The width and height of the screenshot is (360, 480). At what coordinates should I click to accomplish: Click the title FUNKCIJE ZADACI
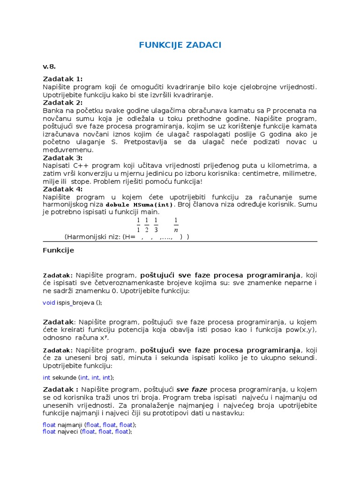click(x=180, y=45)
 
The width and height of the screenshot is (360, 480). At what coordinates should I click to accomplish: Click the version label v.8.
click(x=49, y=67)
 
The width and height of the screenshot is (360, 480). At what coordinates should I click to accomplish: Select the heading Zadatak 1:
click(x=62, y=79)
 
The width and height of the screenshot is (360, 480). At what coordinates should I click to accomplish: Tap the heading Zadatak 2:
click(x=62, y=103)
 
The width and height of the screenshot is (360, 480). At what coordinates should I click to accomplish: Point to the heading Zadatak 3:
click(x=62, y=157)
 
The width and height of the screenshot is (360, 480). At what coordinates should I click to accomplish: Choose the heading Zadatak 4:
click(x=62, y=189)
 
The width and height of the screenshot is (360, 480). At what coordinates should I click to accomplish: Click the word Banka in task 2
click(x=52, y=110)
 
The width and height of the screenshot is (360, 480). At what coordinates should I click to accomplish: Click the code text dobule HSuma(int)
click(x=140, y=205)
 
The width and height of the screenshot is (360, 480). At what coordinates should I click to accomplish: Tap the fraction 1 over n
click(x=176, y=225)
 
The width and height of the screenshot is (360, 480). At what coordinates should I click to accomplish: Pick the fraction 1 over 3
click(x=156, y=225)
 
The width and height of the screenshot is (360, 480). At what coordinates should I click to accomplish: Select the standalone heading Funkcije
click(x=58, y=250)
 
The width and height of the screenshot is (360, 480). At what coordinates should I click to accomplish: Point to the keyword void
click(x=49, y=302)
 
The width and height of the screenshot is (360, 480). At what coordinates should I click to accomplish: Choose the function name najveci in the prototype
click(x=68, y=432)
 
